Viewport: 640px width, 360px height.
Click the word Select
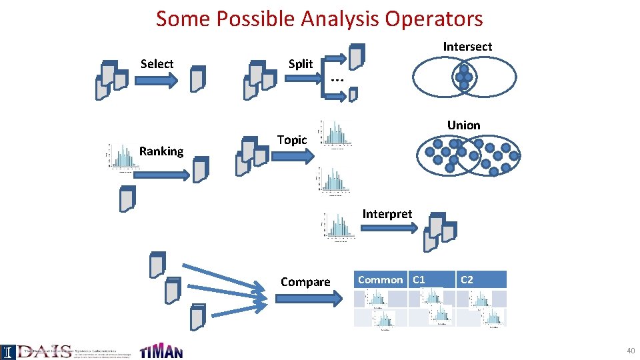(x=157, y=64)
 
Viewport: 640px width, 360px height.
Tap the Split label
(x=300, y=64)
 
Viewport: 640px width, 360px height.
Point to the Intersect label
(x=467, y=47)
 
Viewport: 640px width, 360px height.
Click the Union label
(x=463, y=125)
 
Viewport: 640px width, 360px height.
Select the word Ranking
(x=161, y=151)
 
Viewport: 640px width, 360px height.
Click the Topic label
(x=291, y=140)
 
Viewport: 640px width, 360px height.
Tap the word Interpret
(x=387, y=214)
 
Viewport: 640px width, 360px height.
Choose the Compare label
(x=305, y=282)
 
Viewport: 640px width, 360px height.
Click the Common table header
(x=380, y=280)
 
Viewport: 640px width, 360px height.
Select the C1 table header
(x=419, y=280)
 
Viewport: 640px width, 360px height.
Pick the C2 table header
(x=467, y=280)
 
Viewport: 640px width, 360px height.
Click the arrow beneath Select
(x=157, y=81)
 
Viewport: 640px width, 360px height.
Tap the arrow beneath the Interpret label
(x=389, y=228)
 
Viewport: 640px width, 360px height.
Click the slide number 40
(x=630, y=351)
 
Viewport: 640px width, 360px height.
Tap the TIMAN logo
(x=161, y=351)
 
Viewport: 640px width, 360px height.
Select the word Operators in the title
(x=434, y=19)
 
